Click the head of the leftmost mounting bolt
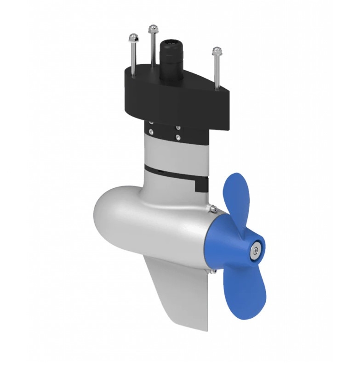tap(133, 37)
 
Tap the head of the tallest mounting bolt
tap(152, 29)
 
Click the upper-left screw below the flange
tap(151, 123)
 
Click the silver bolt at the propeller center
tap(255, 250)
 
